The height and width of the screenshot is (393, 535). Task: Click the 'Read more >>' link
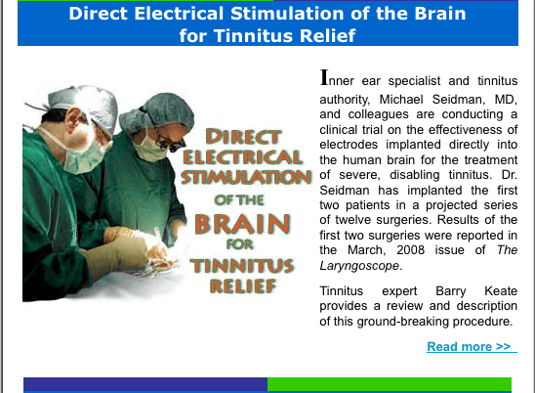pyautogui.click(x=472, y=346)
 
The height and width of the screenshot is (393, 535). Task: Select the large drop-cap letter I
pyautogui.click(x=324, y=77)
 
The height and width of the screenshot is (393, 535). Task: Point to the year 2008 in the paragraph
pyautogui.click(x=410, y=250)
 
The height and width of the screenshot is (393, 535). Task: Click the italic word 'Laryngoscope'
pyautogui.click(x=359, y=266)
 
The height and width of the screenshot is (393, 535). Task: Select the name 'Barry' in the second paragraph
pyautogui.click(x=451, y=290)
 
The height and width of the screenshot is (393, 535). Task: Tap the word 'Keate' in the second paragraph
pyautogui.click(x=501, y=290)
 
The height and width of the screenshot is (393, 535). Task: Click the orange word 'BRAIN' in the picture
pyautogui.click(x=242, y=224)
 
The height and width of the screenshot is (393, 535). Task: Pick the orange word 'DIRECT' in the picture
pyautogui.click(x=244, y=137)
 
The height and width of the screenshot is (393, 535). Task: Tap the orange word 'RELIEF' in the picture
pyautogui.click(x=243, y=286)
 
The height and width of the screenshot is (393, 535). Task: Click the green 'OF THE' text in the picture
pyautogui.click(x=239, y=199)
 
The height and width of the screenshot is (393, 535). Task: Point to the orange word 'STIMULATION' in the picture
pyautogui.click(x=246, y=177)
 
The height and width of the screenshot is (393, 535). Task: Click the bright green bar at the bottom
pyautogui.click(x=390, y=384)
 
